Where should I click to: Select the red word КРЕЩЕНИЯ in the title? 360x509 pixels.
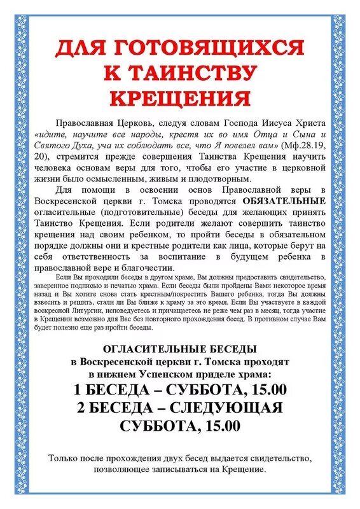coord(179,98)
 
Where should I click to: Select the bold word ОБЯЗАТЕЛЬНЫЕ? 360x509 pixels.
coord(289,201)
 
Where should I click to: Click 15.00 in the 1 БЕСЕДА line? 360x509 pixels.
coord(264,389)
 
